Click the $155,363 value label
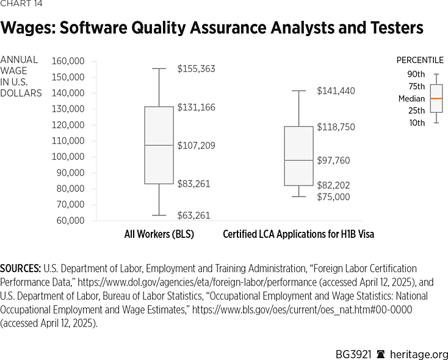click(x=196, y=69)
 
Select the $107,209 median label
click(x=196, y=146)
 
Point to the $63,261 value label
click(x=194, y=215)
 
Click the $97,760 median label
click(x=333, y=160)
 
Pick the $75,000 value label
click(x=333, y=197)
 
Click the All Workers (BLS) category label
click(x=159, y=234)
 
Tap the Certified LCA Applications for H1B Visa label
click(x=298, y=234)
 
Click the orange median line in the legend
click(x=436, y=98)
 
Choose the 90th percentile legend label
click(x=416, y=74)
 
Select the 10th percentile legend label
click(x=416, y=123)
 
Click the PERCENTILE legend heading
click(x=420, y=60)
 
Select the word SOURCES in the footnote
click(x=20, y=268)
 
